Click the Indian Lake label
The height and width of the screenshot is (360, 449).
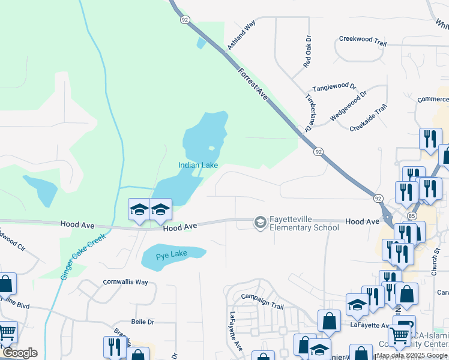click(x=197, y=165)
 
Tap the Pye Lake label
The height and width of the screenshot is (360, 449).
click(x=172, y=254)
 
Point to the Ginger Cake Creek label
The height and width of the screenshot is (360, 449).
click(x=83, y=256)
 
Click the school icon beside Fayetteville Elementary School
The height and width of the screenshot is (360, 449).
click(x=260, y=223)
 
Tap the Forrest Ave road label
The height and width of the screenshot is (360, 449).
click(x=253, y=83)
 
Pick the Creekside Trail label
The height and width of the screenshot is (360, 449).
click(x=369, y=118)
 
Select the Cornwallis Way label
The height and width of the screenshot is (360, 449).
click(x=125, y=281)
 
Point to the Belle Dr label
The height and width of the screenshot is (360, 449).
click(x=142, y=322)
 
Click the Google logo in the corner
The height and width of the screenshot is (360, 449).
click(x=19, y=353)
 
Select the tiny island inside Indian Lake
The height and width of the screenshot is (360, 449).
click(x=211, y=148)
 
